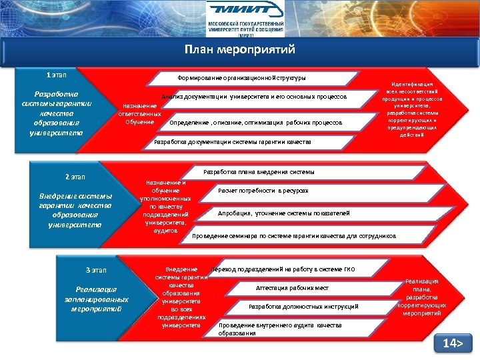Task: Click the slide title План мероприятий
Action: click(239, 50)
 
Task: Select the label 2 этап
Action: click(75, 177)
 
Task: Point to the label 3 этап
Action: click(96, 269)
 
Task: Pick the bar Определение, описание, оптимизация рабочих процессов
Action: click(257, 123)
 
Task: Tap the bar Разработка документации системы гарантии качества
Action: click(233, 142)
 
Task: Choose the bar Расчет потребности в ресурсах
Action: click(263, 191)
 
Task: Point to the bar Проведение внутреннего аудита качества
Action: click(280, 329)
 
